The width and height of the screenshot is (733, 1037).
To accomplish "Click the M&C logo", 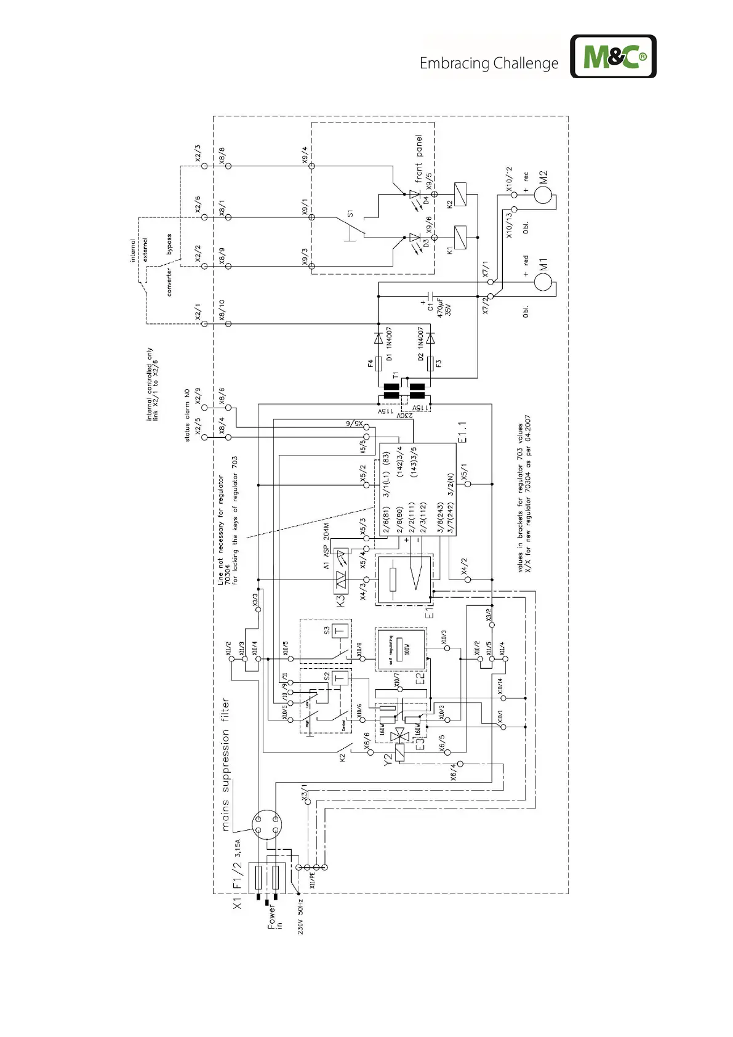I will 613,57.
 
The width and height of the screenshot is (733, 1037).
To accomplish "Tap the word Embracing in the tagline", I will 454,63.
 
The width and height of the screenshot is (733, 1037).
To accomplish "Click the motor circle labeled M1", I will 543,281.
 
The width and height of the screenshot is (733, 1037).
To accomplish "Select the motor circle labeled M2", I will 543,195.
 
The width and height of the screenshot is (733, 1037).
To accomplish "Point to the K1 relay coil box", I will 460,237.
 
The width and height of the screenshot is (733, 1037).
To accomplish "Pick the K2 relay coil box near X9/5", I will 460,194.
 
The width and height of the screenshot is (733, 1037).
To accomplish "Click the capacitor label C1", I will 430,306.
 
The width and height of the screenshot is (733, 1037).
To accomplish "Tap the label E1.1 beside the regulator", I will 462,432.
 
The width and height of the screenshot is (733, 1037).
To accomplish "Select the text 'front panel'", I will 419,158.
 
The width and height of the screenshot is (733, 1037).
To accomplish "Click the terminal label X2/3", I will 198,153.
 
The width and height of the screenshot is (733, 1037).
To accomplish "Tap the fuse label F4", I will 371,364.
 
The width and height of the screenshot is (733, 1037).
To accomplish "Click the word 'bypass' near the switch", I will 169,244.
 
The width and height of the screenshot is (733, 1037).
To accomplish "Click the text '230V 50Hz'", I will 301,917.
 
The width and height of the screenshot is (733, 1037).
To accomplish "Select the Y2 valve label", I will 388,760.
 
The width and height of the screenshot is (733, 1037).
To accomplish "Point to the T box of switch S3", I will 340,631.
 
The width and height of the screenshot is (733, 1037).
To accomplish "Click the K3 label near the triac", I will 340,600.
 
